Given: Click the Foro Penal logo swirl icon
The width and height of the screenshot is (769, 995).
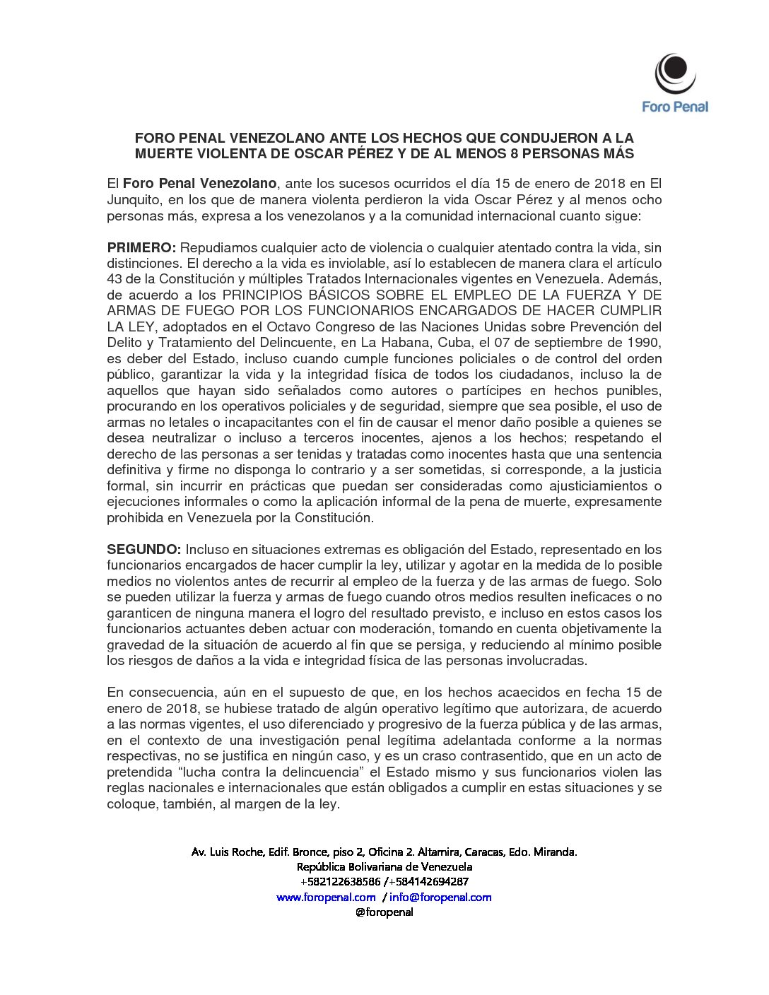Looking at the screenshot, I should [x=674, y=73].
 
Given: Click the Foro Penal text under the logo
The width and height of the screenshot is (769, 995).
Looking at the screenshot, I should [x=674, y=107].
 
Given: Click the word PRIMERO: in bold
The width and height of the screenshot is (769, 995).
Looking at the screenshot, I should [x=141, y=248].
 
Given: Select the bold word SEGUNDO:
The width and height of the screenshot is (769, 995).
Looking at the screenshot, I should [x=143, y=550].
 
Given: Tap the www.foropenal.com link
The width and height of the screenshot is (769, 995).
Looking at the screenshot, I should [x=326, y=897].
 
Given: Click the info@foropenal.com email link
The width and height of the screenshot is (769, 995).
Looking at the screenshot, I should [x=440, y=897].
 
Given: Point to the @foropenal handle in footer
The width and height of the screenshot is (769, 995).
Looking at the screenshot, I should [x=384, y=912].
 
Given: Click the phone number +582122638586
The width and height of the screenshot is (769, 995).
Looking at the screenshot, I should [x=340, y=882].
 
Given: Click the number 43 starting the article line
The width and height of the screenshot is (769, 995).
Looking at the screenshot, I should [x=115, y=279].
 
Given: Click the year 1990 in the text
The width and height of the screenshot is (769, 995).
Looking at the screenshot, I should [x=644, y=343].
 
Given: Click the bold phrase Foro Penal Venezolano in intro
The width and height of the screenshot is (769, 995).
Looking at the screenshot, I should [x=199, y=184].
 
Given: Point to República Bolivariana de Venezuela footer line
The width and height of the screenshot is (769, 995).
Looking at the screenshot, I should [x=384, y=867].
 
